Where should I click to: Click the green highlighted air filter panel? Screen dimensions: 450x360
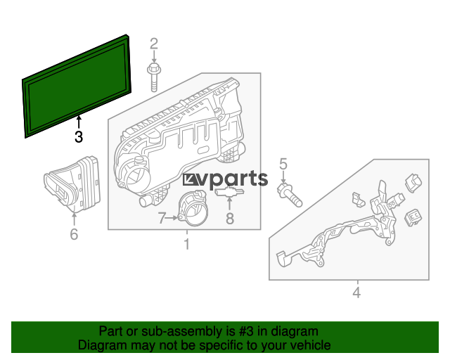point(77,86)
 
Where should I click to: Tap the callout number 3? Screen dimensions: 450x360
point(79,136)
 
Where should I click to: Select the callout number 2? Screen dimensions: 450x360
point(154,44)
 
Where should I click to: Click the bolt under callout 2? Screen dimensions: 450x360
point(154,78)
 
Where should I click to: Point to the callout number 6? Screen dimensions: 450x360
point(74,234)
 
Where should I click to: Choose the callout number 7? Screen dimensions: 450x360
point(162,218)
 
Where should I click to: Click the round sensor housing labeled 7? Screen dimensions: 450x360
point(193,207)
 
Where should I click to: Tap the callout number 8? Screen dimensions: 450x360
point(230,218)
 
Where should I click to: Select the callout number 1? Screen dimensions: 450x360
point(187,244)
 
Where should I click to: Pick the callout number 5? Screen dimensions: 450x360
point(283,164)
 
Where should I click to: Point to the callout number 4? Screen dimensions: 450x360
point(356,292)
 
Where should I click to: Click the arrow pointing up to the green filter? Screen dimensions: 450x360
point(79,122)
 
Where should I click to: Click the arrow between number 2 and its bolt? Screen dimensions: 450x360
point(154,57)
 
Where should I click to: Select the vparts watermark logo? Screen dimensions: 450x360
point(225,179)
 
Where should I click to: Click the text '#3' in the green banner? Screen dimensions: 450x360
point(246,331)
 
